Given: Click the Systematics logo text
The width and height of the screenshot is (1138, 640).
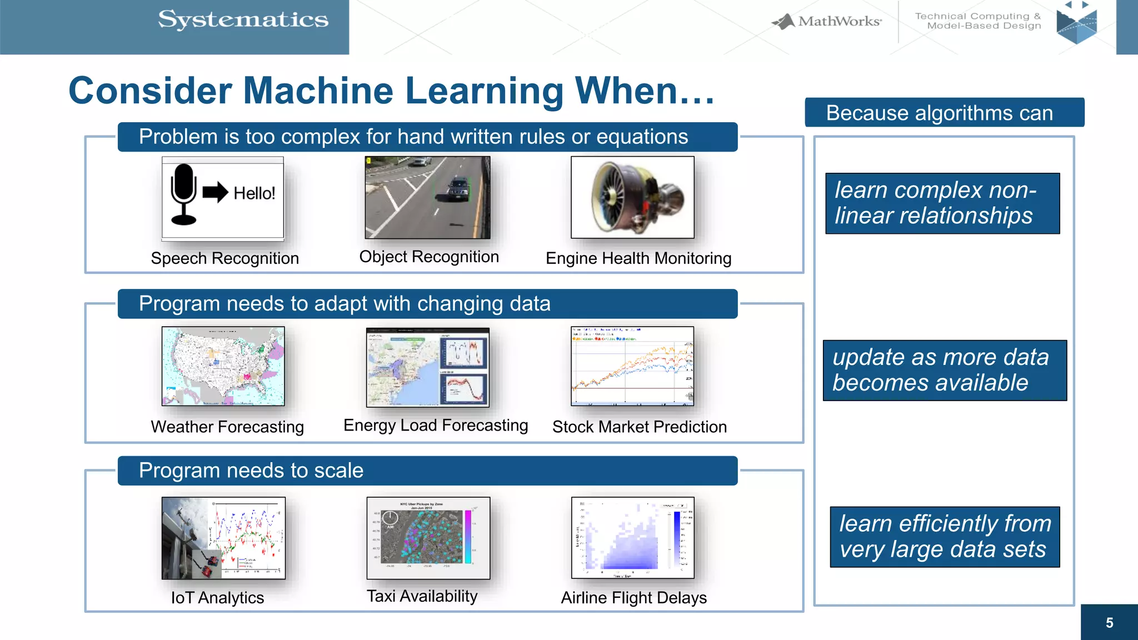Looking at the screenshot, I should coord(243,20).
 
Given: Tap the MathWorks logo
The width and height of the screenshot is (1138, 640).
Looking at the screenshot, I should coord(827,22).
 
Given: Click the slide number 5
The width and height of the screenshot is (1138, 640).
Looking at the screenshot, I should coord(1109,623).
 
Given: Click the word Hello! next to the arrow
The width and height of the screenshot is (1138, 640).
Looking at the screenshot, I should coord(254,193).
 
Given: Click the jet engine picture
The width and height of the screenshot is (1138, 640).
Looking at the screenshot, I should coord(632,197).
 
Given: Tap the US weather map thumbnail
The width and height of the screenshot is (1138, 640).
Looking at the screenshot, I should coord(223,366).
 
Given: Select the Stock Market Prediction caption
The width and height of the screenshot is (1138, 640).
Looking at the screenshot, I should coord(639,427).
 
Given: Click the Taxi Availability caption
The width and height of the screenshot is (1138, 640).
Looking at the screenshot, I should coord(422,596).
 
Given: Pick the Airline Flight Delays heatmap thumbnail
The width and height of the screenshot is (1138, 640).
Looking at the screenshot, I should coord(632,538).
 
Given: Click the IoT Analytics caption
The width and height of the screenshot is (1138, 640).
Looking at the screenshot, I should coord(217,598).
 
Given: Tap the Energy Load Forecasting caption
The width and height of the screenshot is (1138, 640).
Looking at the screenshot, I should coord(436,425).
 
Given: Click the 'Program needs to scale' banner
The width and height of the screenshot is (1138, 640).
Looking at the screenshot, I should coord(427,471).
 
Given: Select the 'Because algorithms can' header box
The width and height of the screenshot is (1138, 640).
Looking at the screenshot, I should coord(944,113).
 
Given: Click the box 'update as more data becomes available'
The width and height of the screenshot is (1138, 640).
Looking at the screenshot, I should coord(944,370).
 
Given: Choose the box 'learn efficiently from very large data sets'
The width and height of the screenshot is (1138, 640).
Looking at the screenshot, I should coord(944,537).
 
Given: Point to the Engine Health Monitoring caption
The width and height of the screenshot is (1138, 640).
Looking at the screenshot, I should coord(638,258).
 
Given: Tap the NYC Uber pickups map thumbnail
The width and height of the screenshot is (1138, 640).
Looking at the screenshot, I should coord(428,538).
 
